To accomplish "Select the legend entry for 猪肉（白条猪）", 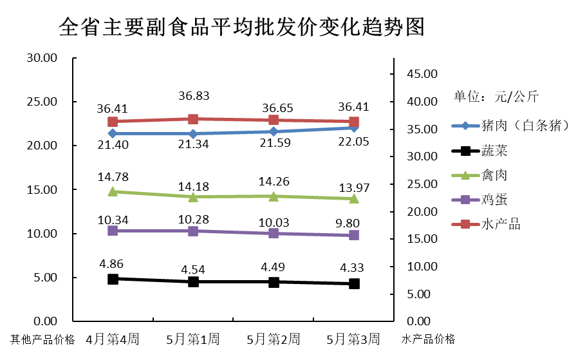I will tap(521, 126).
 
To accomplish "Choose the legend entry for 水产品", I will tap(500, 224).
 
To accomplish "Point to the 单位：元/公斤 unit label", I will tap(496, 97).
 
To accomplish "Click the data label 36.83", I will tap(193, 96).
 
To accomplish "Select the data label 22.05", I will tap(354, 141).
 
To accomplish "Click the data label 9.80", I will tap(354, 221).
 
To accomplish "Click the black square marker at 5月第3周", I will tap(354, 283).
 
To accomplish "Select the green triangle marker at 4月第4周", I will tap(113, 191).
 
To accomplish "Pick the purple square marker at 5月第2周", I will tap(274, 233).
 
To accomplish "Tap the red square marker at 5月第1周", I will tap(193, 118).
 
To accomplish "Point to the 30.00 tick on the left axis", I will tap(42, 58).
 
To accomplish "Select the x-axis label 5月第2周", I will tap(274, 339).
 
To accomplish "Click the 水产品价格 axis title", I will tap(428, 339).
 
